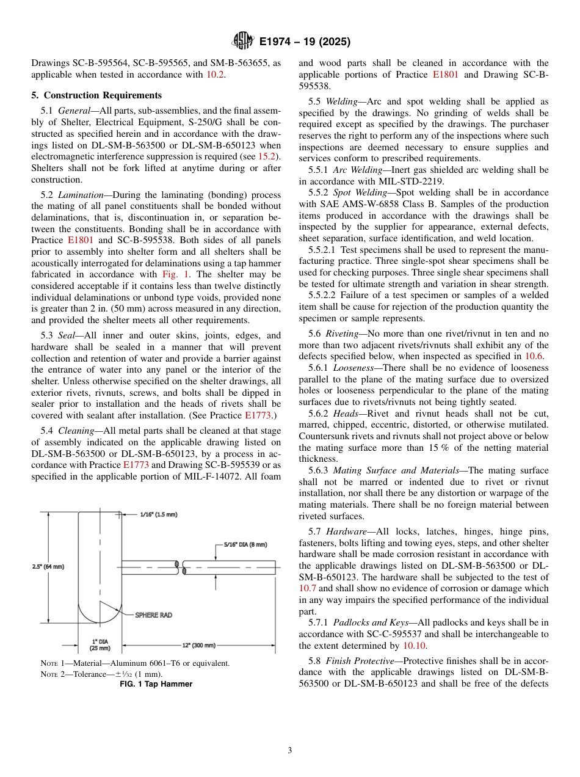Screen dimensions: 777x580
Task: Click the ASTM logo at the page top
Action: pos(243,42)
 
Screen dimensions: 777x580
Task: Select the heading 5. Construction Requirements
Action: pos(96,95)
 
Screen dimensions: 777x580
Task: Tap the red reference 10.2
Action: pos(215,75)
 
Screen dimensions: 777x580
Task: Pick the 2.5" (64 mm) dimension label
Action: pos(48,566)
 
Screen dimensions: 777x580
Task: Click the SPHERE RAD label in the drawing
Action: pos(153,615)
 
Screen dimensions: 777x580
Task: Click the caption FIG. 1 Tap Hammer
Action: pos(155,684)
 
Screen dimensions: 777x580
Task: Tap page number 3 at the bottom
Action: pos(289,750)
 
